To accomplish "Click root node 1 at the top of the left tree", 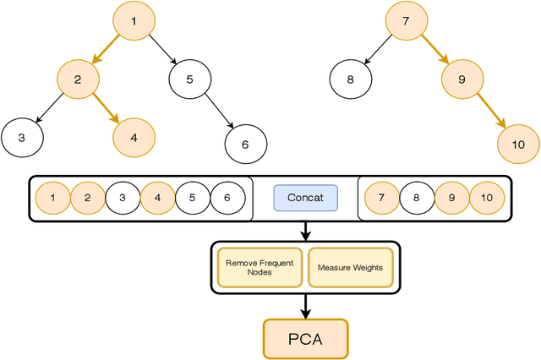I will (136, 20).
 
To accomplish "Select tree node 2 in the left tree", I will (77, 80).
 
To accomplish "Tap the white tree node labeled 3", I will (22, 136).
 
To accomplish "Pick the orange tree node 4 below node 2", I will (133, 135).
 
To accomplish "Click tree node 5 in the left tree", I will (190, 80).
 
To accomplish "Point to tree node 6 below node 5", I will (245, 144).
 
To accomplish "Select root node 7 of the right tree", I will (407, 20).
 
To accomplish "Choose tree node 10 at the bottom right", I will (518, 144).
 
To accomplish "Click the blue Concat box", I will (305, 199).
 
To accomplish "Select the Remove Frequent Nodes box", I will (260, 267).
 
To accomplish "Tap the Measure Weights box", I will (350, 267).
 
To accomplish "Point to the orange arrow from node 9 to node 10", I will (490, 112).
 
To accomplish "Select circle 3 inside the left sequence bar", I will (123, 199).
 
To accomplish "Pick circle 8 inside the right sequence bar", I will (416, 199).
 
